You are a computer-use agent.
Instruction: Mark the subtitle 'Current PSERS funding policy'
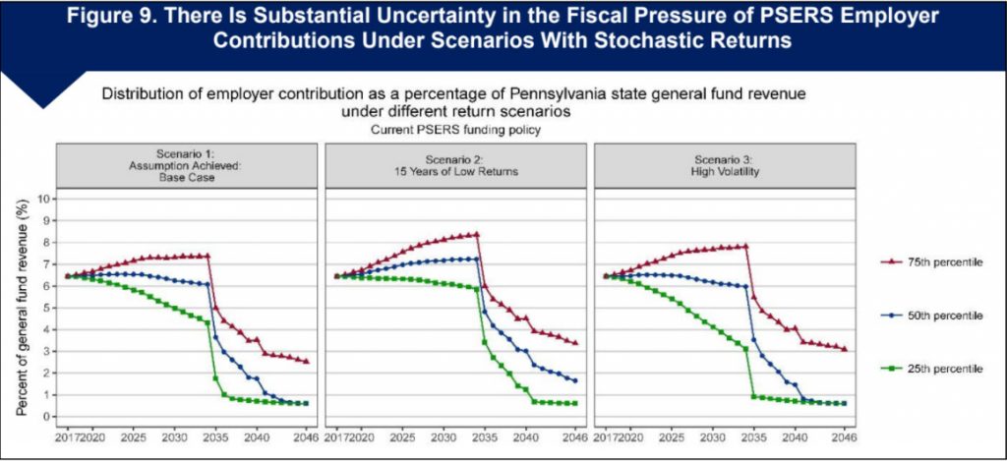coord(454,129)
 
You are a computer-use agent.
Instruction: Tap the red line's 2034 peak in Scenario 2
coord(477,234)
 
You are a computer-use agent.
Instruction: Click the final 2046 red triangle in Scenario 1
coord(306,361)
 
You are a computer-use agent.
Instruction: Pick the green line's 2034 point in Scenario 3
coord(745,348)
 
